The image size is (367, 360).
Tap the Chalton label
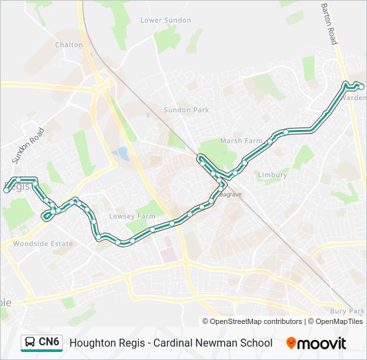pos(69,45)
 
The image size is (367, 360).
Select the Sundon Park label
pos(186,110)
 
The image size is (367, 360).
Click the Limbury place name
pos(272,175)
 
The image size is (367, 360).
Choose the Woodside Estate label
pos(43,244)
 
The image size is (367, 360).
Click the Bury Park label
pos(347,311)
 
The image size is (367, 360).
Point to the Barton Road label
pos(330,24)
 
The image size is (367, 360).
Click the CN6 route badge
pos(49,343)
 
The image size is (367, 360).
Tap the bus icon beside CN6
pos(30,343)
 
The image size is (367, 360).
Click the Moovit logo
pos(316,343)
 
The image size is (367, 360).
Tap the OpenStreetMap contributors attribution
pos(256,321)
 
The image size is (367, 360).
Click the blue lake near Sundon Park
pos(121,154)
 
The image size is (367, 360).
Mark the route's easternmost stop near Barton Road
pos(361,87)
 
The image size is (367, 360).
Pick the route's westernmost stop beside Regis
pos(7,191)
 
